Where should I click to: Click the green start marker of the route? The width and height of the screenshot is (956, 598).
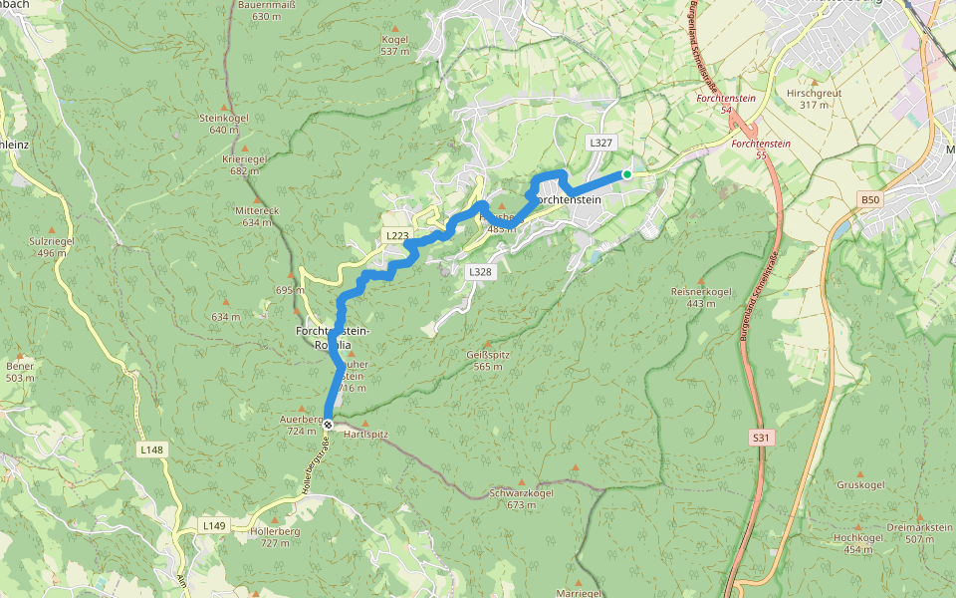pos(627,174)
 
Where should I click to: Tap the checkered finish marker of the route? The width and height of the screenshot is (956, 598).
pos(328,425)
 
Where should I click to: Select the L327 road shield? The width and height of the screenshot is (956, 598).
pos(599,143)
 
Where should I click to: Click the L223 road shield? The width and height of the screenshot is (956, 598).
pos(396,235)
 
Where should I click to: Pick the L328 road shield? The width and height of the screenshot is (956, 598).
pos(480,271)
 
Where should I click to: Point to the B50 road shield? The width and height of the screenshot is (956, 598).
pos(870,200)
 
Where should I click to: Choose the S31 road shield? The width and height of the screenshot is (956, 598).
pos(762,438)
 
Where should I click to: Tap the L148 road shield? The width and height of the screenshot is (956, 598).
pos(150,450)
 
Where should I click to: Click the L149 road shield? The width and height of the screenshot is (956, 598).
pos(214,525)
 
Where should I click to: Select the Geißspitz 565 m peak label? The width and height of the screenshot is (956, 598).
pos(488,361)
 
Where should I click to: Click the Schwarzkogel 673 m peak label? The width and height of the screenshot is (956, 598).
pos(522,498)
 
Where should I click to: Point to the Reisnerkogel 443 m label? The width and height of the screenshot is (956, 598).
pos(701,297)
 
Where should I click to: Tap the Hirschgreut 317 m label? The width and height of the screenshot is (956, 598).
pos(814,98)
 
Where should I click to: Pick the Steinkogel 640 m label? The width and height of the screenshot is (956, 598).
pos(223,124)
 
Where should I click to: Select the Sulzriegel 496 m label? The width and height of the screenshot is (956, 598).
pos(53,247)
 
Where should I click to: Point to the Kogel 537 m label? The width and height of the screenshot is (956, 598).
pos(395,45)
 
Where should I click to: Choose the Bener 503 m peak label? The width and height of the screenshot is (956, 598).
pos(20,372)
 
